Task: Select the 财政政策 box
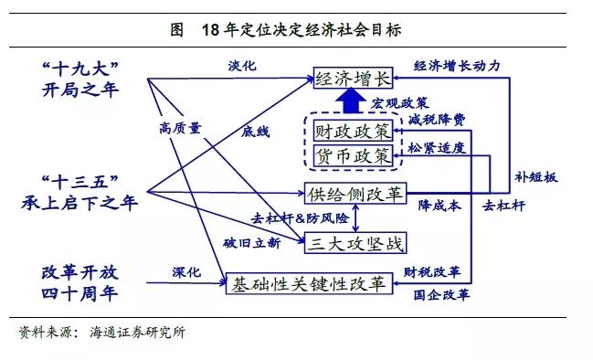click(x=351, y=131)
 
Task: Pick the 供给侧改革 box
click(x=355, y=194)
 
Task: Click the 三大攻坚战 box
click(x=355, y=242)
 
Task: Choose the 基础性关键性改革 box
click(x=310, y=284)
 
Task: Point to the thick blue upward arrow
click(x=348, y=101)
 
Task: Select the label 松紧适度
click(x=436, y=147)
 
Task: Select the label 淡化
click(x=241, y=67)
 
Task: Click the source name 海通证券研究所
click(x=138, y=333)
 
